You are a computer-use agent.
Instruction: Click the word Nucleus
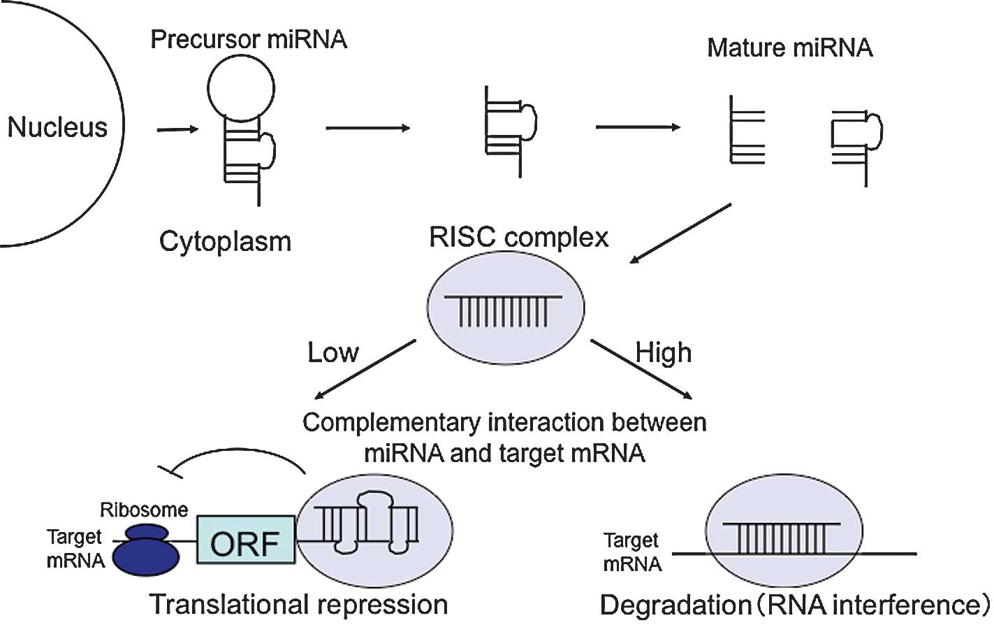(x=57, y=127)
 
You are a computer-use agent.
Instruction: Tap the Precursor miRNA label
(x=249, y=39)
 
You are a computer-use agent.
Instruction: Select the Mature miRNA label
(x=789, y=48)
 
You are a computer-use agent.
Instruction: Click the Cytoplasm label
(x=225, y=242)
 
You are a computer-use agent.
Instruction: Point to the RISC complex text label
(x=518, y=238)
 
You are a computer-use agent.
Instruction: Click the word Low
(x=333, y=352)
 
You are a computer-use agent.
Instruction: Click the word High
(x=664, y=352)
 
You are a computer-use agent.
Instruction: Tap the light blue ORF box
(x=246, y=540)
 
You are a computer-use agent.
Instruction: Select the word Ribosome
(x=144, y=510)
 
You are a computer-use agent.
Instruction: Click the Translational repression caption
(x=299, y=605)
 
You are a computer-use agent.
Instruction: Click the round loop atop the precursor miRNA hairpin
(x=241, y=89)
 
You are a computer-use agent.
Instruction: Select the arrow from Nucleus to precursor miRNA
(x=177, y=129)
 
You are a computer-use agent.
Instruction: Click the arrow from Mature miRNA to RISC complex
(x=680, y=234)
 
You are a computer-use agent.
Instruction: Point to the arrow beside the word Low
(x=365, y=370)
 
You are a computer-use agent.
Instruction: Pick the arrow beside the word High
(x=641, y=370)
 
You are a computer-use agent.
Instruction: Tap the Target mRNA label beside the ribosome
(x=75, y=548)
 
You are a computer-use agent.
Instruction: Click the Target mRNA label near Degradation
(x=631, y=552)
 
